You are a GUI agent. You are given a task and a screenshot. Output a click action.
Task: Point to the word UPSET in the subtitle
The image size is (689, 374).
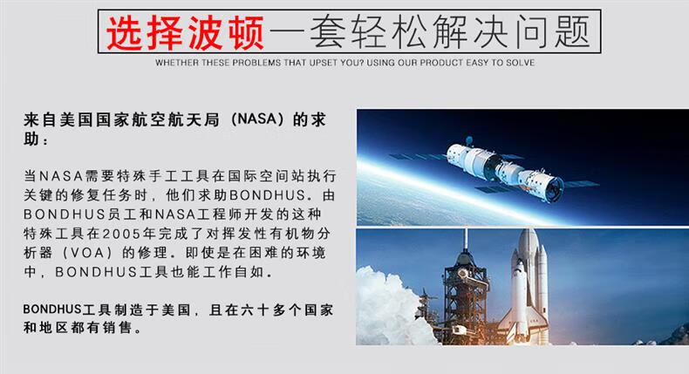pyautogui.click(x=323, y=63)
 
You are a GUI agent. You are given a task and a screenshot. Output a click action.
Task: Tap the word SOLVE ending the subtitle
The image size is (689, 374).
pyautogui.click(x=521, y=63)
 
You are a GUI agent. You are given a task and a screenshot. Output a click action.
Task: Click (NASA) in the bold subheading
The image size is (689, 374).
pyautogui.click(x=257, y=119)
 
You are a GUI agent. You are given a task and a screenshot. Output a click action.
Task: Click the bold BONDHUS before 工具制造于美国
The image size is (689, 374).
pyautogui.click(x=52, y=309)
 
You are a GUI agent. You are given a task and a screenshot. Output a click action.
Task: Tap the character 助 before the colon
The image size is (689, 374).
pyautogui.click(x=31, y=139)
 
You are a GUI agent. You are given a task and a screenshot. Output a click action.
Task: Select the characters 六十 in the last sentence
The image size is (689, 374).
pyautogui.click(x=255, y=309)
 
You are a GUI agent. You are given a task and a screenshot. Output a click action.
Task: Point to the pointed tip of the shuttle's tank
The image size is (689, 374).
pyautogui.click(x=529, y=230)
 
